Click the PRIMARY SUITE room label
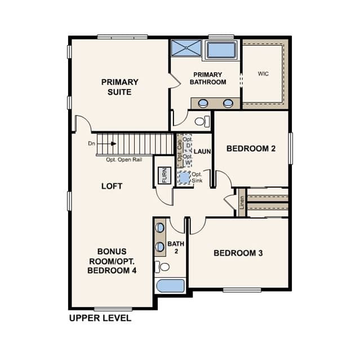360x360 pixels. tap(119, 87)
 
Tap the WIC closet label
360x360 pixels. tap(263, 74)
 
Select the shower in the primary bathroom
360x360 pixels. tap(186, 48)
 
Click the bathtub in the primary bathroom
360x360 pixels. tap(221, 50)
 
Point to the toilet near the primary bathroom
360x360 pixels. tap(202, 121)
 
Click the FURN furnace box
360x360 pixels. tap(165, 175)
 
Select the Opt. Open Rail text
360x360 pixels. tap(124, 159)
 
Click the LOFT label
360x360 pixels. tap(112, 186)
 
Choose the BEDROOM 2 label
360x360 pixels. tap(251, 149)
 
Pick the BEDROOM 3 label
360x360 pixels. tap(238, 253)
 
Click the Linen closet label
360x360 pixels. tap(242, 202)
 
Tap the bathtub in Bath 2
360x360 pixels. tap(170, 286)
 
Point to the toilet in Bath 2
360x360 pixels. tap(162, 267)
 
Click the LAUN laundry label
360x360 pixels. tap(202, 152)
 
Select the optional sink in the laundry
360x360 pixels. tap(185, 177)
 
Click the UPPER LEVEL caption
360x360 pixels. tap(100, 318)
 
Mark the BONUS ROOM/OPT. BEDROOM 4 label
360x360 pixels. tap(112, 261)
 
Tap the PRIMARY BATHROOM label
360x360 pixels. tap(208, 78)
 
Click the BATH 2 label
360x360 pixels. tap(176, 247)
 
